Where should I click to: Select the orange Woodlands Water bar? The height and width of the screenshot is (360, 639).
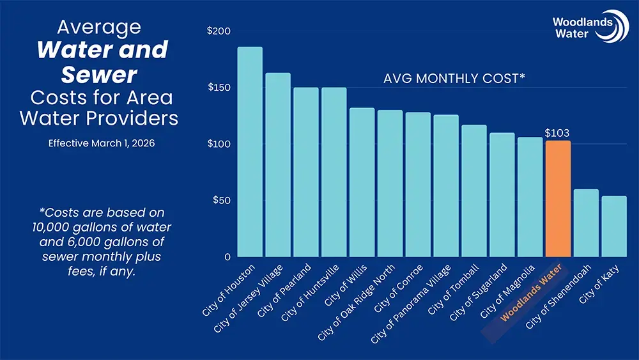click(x=558, y=199)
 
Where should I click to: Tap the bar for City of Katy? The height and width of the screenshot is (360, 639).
click(x=614, y=226)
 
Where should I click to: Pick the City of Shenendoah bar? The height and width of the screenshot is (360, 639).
click(x=586, y=223)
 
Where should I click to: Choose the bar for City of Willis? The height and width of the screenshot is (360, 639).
click(x=362, y=182)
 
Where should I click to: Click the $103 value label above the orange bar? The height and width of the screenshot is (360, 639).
click(x=557, y=133)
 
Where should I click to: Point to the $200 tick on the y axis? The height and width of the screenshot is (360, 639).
click(x=219, y=31)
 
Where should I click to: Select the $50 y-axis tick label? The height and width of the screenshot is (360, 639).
click(x=221, y=200)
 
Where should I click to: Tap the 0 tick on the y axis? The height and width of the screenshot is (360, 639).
click(x=227, y=257)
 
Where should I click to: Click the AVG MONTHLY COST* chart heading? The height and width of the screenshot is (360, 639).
click(x=454, y=79)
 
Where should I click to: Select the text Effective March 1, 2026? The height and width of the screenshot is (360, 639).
click(x=102, y=143)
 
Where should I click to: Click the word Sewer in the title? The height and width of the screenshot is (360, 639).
click(x=99, y=75)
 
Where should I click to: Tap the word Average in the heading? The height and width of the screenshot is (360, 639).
click(x=99, y=27)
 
